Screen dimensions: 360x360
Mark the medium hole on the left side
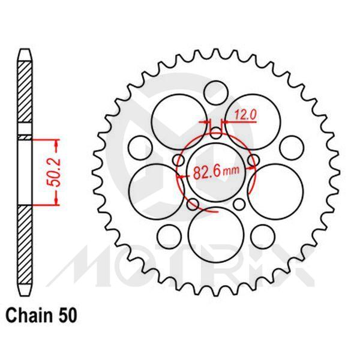[x=140, y=146]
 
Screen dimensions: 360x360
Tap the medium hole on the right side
[x=290, y=146]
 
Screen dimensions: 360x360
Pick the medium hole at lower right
[x=262, y=234]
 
